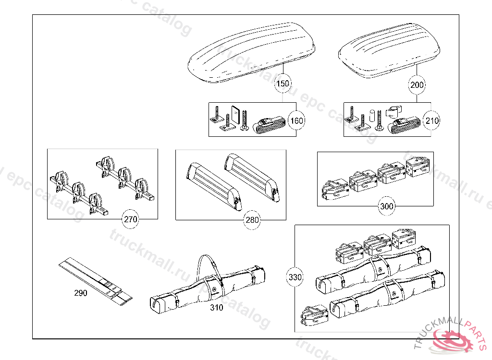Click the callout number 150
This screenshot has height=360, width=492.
click(283, 84)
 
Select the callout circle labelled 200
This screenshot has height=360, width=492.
click(417, 85)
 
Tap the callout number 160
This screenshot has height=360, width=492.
click(297, 120)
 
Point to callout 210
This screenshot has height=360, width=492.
click(432, 120)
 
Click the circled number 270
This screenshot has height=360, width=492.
click(131, 220)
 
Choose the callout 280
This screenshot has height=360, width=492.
click(252, 220)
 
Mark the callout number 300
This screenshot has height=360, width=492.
click(386, 206)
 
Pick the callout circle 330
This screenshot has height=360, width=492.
click(295, 277)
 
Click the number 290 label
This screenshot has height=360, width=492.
click(81, 293)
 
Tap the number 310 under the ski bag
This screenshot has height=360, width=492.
click(216, 308)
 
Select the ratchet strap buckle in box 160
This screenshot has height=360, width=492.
click(270, 126)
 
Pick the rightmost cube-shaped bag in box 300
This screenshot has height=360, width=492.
click(417, 168)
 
